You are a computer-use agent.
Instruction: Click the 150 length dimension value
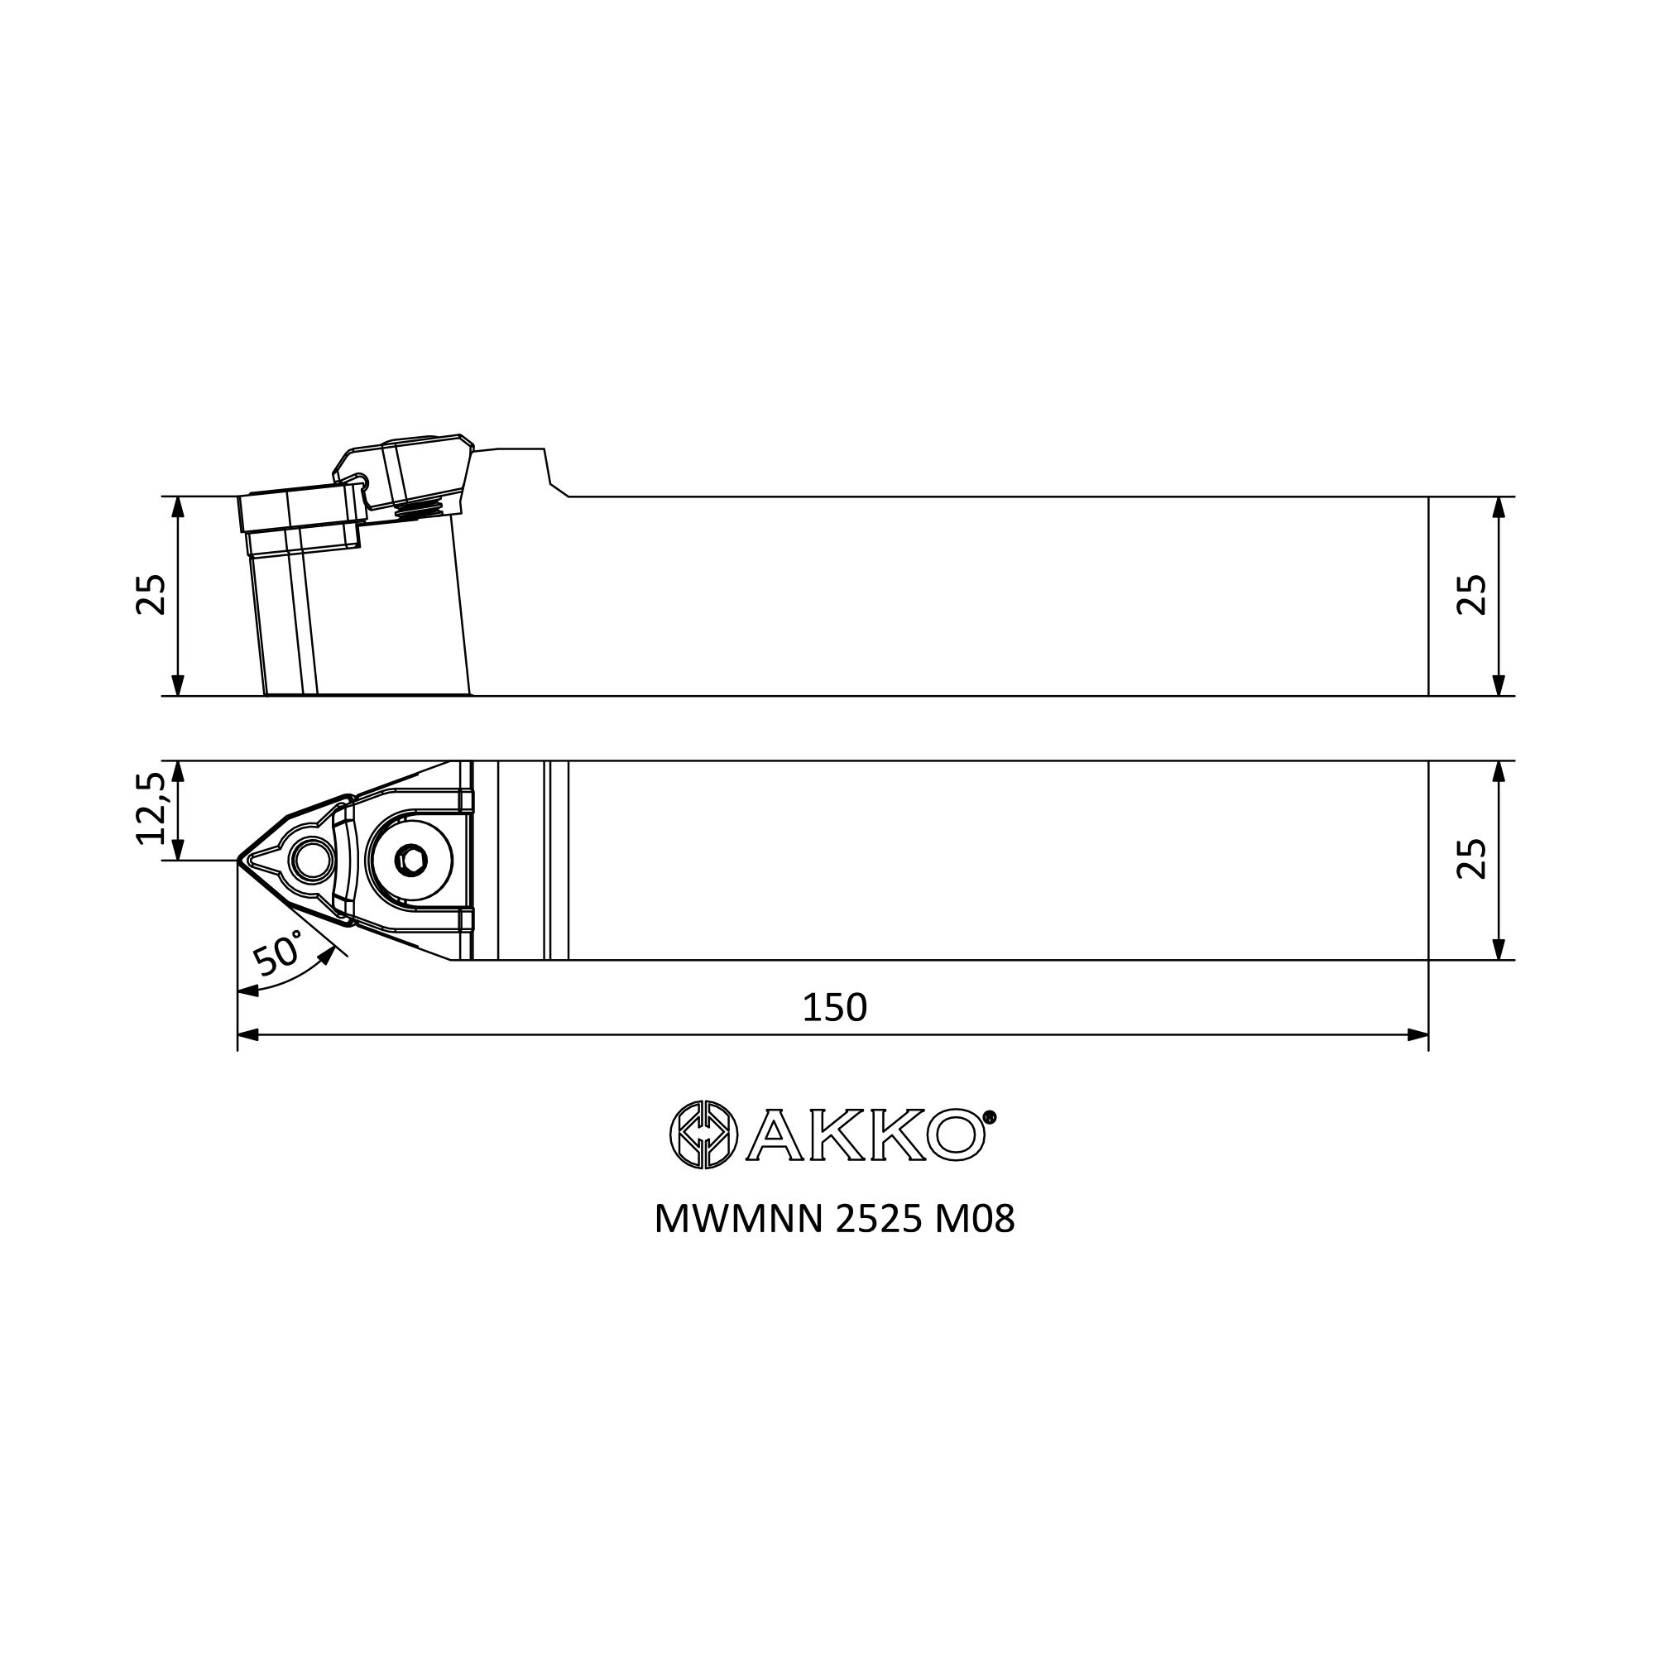click(x=834, y=1007)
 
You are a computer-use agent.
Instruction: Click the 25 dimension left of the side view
click(x=151, y=594)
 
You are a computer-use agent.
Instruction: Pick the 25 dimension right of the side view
click(x=1471, y=594)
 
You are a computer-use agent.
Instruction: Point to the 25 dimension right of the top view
click(x=1471, y=858)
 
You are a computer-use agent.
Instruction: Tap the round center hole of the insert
click(x=312, y=859)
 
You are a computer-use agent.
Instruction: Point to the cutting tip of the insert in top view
click(x=237, y=859)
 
